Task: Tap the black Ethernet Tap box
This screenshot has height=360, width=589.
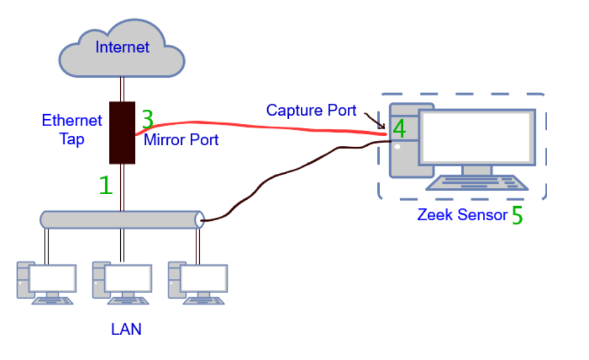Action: click(x=122, y=132)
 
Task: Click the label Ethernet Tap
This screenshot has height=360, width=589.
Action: click(x=71, y=129)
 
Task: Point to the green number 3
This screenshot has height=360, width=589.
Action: click(x=148, y=119)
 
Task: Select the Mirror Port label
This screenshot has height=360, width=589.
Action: click(x=181, y=140)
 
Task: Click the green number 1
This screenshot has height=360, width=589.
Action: click(x=106, y=186)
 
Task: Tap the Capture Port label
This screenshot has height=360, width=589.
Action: click(x=311, y=110)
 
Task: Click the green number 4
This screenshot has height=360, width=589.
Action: click(x=399, y=129)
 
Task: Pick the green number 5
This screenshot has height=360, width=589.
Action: click(x=517, y=216)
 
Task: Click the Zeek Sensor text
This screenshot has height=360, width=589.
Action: click(x=462, y=215)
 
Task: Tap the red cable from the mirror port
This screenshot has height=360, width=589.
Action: click(x=255, y=126)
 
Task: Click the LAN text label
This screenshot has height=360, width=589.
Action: click(x=126, y=329)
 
